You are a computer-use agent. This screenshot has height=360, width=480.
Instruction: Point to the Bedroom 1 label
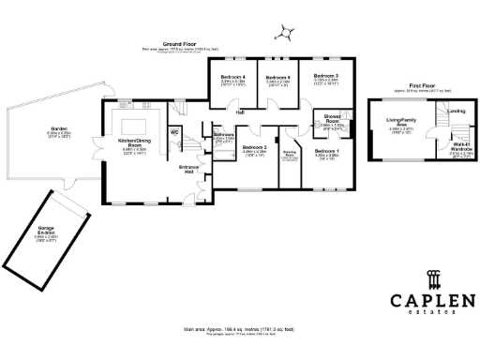(x=326, y=151)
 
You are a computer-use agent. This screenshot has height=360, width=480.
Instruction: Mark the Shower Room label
(x=325, y=118)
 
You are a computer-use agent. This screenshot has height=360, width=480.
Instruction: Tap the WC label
(x=174, y=131)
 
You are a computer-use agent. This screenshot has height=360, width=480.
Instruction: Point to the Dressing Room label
(x=290, y=154)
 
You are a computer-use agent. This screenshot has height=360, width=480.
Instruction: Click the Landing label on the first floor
(x=456, y=112)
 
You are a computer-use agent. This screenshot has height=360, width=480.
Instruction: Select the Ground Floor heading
(x=178, y=44)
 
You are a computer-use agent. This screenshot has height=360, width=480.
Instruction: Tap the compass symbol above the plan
(x=287, y=34)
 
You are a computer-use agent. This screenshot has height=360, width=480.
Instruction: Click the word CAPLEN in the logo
(x=432, y=299)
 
